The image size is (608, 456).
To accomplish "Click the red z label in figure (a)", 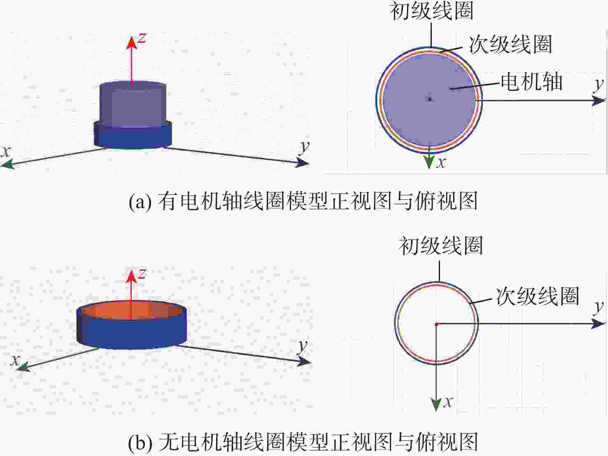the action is [142, 38].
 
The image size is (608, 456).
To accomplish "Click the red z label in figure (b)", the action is [142, 274].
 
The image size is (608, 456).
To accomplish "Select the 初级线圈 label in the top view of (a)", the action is [431, 11].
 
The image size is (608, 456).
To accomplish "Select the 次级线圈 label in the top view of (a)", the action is [510, 44].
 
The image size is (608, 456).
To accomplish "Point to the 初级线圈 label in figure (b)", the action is [441, 246].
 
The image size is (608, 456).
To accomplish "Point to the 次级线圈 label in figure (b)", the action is [537, 296].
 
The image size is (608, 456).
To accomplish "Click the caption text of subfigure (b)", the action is [303, 442].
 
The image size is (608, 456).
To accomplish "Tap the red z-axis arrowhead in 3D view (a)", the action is [132, 43].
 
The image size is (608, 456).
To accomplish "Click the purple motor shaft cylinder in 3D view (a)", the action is [133, 104].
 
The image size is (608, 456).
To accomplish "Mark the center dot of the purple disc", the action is [430, 99].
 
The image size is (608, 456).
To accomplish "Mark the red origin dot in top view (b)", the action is [436, 324].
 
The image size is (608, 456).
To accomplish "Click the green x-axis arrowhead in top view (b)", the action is [436, 405].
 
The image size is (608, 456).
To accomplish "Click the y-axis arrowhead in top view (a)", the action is [599, 100].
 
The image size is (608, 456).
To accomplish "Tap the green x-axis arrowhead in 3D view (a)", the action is [7, 164].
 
